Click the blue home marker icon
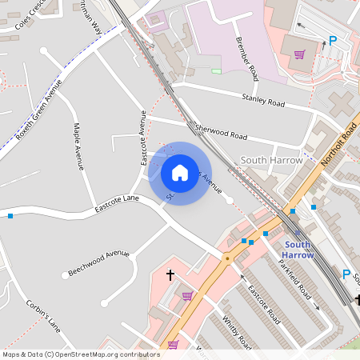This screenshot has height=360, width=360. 180,173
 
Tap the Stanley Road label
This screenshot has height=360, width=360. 263,101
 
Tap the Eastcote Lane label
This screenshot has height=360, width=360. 117,201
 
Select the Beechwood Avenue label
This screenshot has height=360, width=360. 98,262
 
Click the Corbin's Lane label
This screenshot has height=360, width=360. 43,315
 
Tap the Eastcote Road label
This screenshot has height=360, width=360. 263,304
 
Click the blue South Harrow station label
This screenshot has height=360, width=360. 298,249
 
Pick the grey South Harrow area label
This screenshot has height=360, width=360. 271,160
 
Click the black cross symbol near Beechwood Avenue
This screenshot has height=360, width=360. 170,274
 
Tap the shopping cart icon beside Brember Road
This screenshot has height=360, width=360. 299,54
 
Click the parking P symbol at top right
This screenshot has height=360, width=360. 333,42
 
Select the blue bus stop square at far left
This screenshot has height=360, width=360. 10,216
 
